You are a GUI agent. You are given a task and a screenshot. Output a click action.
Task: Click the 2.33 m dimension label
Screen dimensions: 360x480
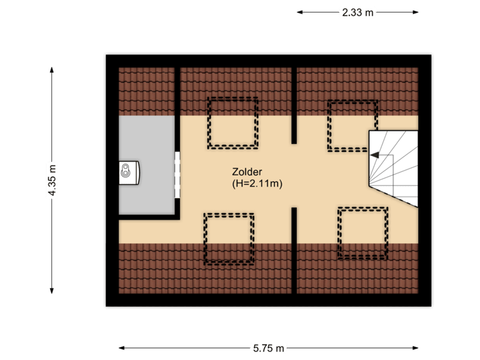pos(357,12)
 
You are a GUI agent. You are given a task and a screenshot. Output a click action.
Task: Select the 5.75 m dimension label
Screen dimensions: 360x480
pos(269,347)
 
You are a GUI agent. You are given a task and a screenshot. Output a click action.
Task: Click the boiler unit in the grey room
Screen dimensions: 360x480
pos(129,172)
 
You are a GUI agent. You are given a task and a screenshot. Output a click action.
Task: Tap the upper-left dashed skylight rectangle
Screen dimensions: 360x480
pos(233,123)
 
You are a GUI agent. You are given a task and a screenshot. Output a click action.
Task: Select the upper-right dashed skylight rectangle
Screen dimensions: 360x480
pos(352,125)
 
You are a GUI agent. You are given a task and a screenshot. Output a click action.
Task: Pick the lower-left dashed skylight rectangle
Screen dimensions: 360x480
pos(229,239)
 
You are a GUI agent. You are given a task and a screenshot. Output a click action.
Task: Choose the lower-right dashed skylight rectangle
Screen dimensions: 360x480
pos(363,233)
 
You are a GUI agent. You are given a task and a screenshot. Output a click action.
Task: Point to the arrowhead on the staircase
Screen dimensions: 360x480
pos(373,155)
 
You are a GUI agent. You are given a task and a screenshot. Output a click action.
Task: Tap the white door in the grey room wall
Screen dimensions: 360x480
pos(178,175)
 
